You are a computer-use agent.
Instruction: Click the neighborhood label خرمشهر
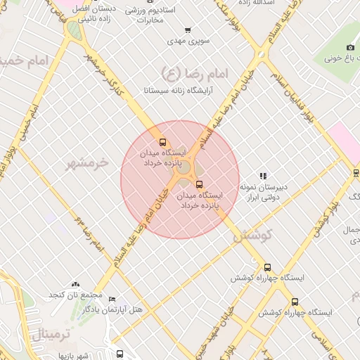(x=89, y=163)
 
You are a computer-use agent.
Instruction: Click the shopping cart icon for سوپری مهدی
(x=188, y=30)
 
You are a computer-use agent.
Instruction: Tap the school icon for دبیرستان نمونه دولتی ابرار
(x=263, y=176)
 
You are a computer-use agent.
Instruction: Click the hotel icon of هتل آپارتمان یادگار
(x=111, y=298)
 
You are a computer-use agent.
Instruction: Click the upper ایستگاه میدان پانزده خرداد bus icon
(x=163, y=143)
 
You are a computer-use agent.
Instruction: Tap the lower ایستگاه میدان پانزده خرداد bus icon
(x=199, y=184)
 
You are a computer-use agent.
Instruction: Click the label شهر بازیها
(x=74, y=356)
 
